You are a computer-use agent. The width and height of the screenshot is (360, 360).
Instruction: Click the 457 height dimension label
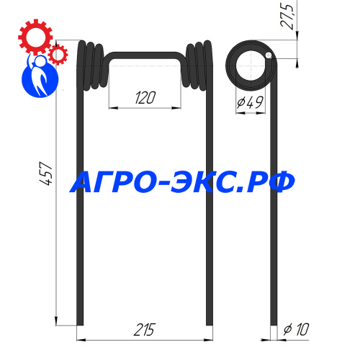[x=45, y=174]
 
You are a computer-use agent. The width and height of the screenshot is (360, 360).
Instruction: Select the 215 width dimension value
[x=145, y=330]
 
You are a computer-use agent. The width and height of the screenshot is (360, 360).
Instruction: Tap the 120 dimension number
[x=145, y=98]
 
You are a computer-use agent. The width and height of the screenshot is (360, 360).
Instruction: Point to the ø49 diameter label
[x=251, y=102]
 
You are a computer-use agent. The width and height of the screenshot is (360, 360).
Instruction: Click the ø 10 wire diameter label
[x=296, y=329]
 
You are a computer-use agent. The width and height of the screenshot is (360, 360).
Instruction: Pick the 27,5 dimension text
[x=287, y=17]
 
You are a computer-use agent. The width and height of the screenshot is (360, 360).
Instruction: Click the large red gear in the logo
[x=35, y=37]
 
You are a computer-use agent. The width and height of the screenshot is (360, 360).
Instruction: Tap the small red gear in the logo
[x=58, y=55]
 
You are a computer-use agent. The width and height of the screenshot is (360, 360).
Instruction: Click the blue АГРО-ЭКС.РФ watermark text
[x=182, y=181]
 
